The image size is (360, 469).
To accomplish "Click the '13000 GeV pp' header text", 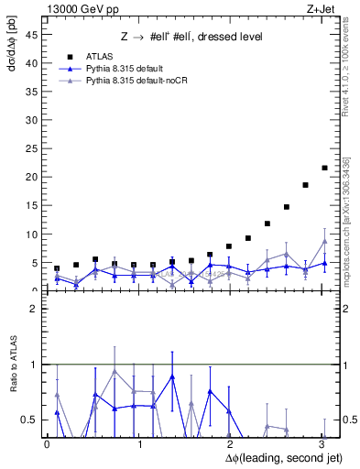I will (77, 8).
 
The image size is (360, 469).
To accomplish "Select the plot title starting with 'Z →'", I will (191, 37).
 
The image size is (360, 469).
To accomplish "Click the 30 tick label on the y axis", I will (34, 120).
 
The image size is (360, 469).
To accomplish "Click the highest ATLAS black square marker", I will (324, 168).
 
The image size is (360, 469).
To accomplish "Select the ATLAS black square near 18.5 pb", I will (305, 185).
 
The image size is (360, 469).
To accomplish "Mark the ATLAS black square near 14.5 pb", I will (286, 207).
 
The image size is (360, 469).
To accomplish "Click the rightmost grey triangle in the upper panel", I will (324, 242).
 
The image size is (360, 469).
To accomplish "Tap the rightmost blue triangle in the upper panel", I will (324, 263).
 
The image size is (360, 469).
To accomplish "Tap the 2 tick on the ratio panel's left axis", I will (36, 310).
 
